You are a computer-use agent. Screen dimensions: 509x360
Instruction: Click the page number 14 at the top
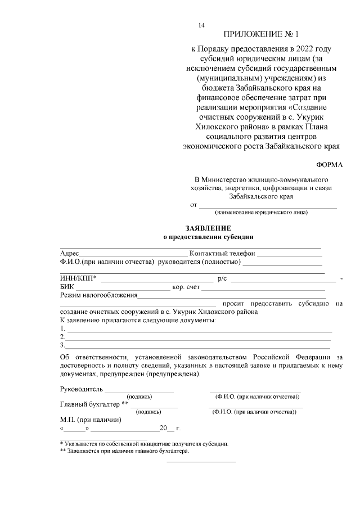(201, 25)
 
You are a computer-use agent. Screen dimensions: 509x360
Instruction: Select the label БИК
(66, 287)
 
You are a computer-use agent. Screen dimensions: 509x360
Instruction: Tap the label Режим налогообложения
(98, 295)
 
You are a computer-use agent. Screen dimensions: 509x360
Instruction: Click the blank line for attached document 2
(197, 337)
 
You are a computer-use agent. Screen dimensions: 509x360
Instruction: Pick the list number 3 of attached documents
(62, 345)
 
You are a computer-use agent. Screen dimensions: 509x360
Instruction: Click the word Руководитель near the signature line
(82, 389)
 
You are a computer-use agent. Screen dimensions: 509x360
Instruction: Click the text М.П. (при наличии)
(91, 420)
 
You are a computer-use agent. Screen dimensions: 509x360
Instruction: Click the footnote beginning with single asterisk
(144, 444)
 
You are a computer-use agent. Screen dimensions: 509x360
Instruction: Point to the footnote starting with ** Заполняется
(124, 451)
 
